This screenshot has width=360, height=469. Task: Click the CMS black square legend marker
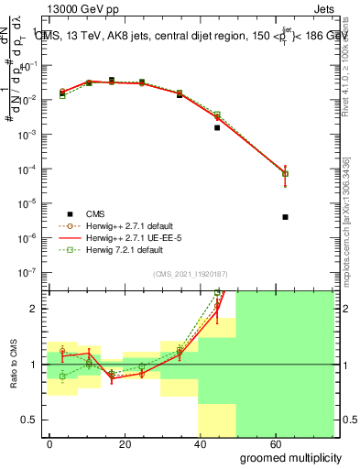[x=62, y=211]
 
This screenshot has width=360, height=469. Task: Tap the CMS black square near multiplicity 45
[x=217, y=127]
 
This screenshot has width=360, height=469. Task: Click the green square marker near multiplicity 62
[x=286, y=173]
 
